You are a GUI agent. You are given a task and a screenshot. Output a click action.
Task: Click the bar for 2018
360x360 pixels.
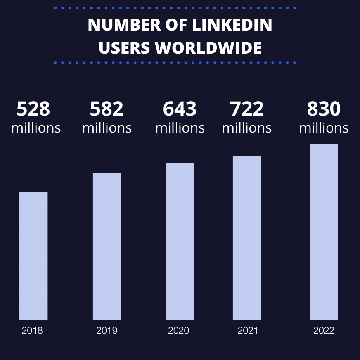33,256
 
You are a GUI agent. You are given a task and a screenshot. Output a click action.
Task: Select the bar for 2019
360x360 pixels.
107,247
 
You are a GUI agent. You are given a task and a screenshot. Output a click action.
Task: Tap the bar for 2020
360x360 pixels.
180,242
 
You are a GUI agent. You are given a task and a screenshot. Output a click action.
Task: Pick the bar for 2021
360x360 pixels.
247,238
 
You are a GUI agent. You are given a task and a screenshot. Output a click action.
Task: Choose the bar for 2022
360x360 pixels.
324,232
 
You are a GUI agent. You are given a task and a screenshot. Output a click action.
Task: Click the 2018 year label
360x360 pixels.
32,331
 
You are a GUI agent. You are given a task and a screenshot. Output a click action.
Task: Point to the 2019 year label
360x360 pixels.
107,331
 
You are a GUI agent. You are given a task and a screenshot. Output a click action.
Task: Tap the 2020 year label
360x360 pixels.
179,331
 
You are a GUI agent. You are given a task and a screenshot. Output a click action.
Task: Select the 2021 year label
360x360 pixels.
248,331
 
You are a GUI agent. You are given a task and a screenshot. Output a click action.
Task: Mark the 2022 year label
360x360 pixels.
324,331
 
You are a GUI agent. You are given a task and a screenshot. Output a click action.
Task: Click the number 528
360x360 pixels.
33,109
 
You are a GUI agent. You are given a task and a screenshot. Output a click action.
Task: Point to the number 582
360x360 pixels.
107,109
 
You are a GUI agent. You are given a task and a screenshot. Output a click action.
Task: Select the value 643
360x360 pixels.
180,109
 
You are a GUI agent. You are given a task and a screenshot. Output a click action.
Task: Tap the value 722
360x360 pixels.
247,109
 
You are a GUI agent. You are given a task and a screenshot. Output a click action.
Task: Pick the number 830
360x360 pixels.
324,109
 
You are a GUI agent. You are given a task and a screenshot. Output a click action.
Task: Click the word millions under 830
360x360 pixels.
324,128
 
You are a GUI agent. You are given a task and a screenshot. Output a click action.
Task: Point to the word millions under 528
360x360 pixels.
36,128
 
